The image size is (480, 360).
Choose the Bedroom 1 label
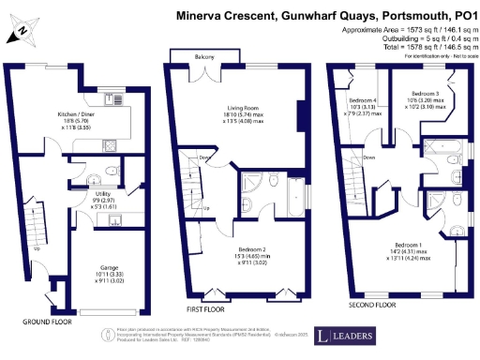[x=407, y=247]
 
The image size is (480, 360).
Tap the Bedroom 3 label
[x=425, y=95]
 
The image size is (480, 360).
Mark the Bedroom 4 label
[x=363, y=100]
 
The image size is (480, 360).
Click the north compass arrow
[x=21, y=34]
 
